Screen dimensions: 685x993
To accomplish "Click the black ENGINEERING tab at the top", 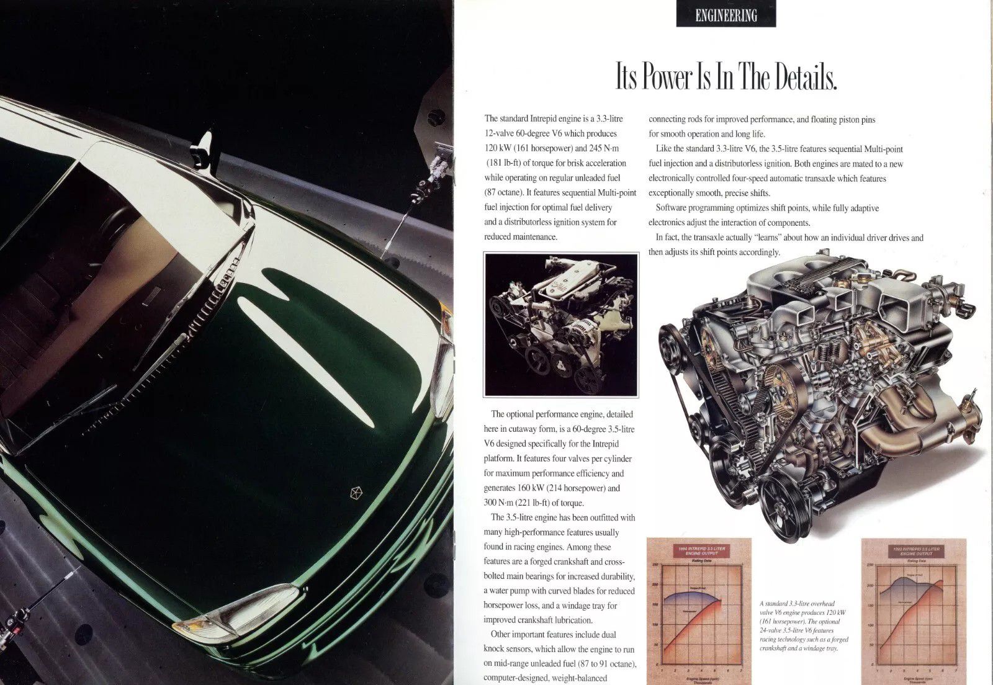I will [726, 16].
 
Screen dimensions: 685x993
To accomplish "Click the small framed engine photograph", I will [561, 325].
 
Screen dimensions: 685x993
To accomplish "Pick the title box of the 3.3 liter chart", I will [699, 552].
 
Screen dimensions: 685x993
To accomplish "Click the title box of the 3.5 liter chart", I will [916, 552].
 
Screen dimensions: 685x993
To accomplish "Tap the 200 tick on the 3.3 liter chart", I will [655, 584].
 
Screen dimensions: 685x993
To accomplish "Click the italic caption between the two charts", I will [804, 625].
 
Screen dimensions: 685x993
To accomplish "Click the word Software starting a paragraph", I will [673, 208].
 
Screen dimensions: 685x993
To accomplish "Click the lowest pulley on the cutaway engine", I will [780, 503].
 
